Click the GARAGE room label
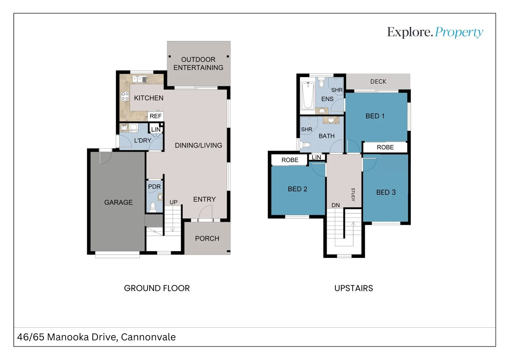[x=118, y=202]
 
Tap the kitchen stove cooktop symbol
[x=125, y=96]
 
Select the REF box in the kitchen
[x=155, y=116]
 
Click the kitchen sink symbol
[x=139, y=79]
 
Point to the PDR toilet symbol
[x=153, y=207]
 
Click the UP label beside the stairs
[x=173, y=202]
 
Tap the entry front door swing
[x=205, y=212]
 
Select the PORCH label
[x=207, y=238]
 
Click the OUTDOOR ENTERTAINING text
[x=198, y=63]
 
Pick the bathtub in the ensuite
[x=308, y=96]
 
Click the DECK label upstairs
[x=378, y=81]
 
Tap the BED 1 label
[x=375, y=116]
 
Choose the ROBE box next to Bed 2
[x=290, y=160]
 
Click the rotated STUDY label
[x=353, y=195]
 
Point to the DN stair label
[x=336, y=205]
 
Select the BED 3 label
[x=386, y=192]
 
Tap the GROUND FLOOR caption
[x=157, y=288]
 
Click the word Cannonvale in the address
[x=148, y=337]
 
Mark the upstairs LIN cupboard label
[x=316, y=157]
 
